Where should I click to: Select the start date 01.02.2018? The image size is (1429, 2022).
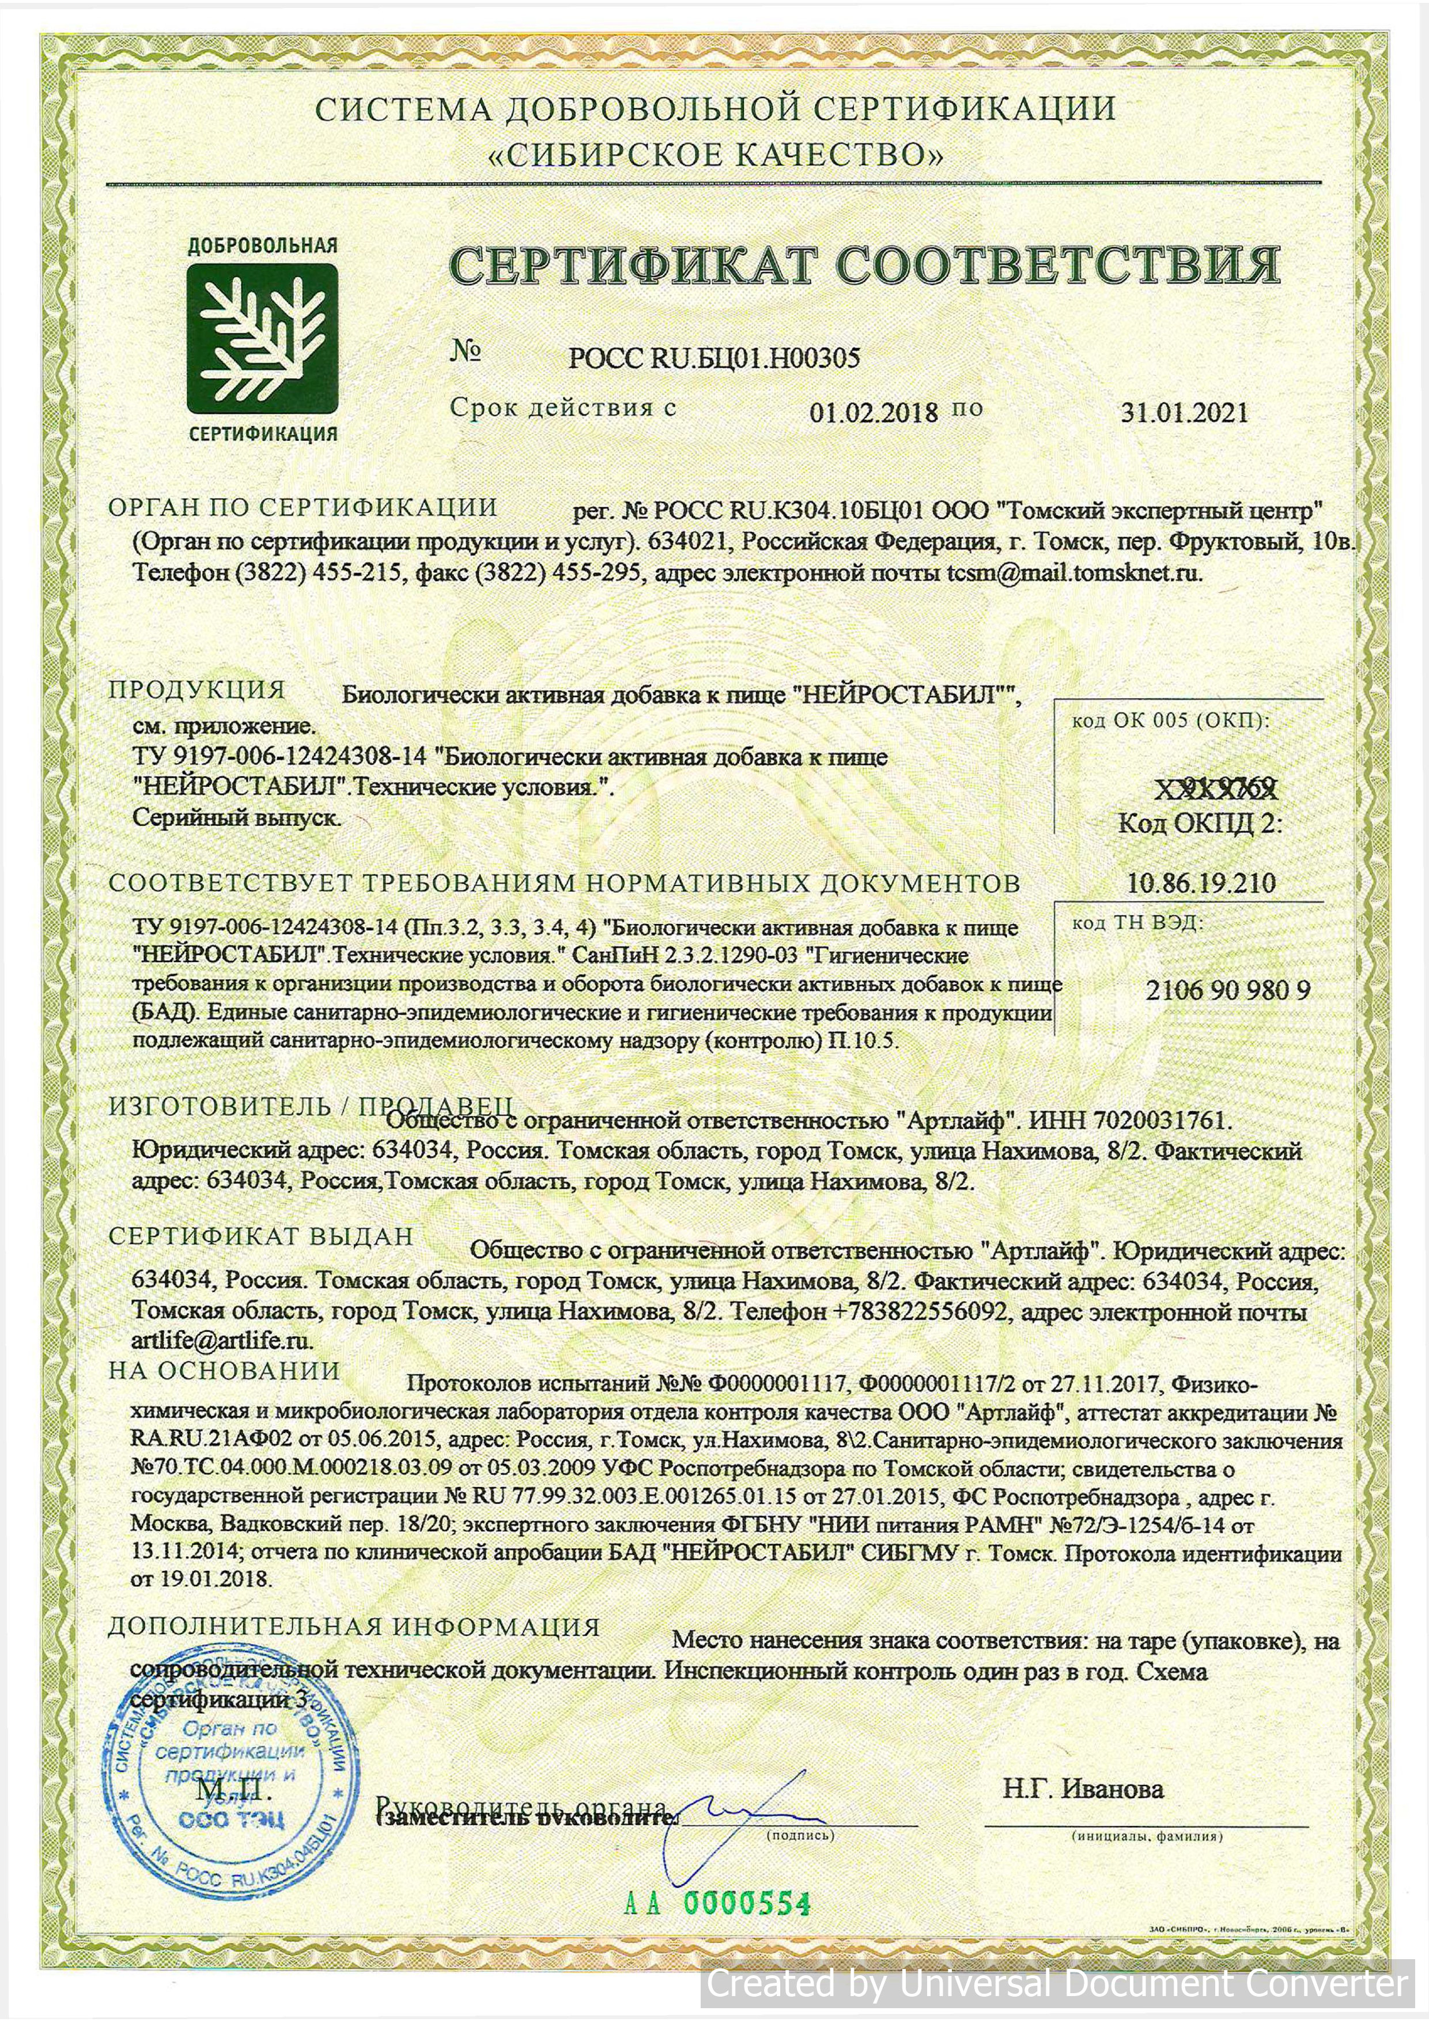[x=874, y=412]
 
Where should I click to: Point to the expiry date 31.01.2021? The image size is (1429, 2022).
[x=1184, y=412]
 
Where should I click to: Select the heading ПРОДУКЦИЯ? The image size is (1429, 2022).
[x=197, y=689]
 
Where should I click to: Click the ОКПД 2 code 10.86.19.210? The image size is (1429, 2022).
[x=1201, y=882]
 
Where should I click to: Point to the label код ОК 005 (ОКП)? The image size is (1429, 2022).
[x=1170, y=720]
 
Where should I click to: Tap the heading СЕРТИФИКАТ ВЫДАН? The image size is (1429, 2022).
[x=260, y=1236]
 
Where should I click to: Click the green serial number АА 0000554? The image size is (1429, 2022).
[x=717, y=1903]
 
